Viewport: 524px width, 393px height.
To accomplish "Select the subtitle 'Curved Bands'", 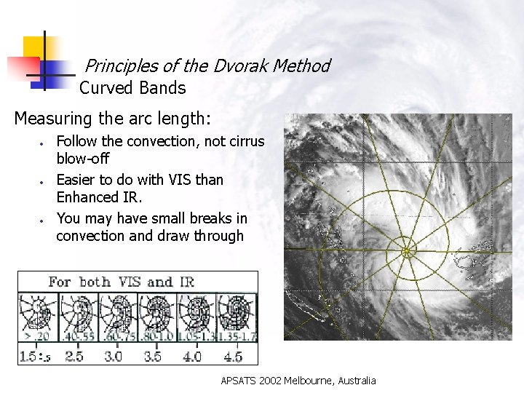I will [x=132, y=89].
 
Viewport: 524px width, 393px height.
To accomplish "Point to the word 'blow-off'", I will [x=82, y=157].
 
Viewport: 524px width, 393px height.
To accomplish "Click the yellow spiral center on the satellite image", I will [x=407, y=252].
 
